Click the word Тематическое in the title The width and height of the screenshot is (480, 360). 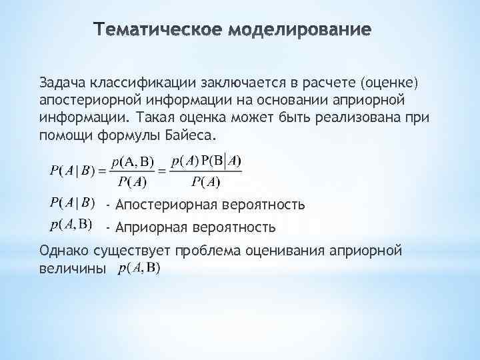pyautogui.click(x=159, y=30)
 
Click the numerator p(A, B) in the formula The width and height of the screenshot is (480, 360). pyautogui.click(x=132, y=161)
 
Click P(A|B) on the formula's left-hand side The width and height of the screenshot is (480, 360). pyautogui.click(x=73, y=171)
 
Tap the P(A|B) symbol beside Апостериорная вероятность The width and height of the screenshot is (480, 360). pyautogui.click(x=73, y=203)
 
